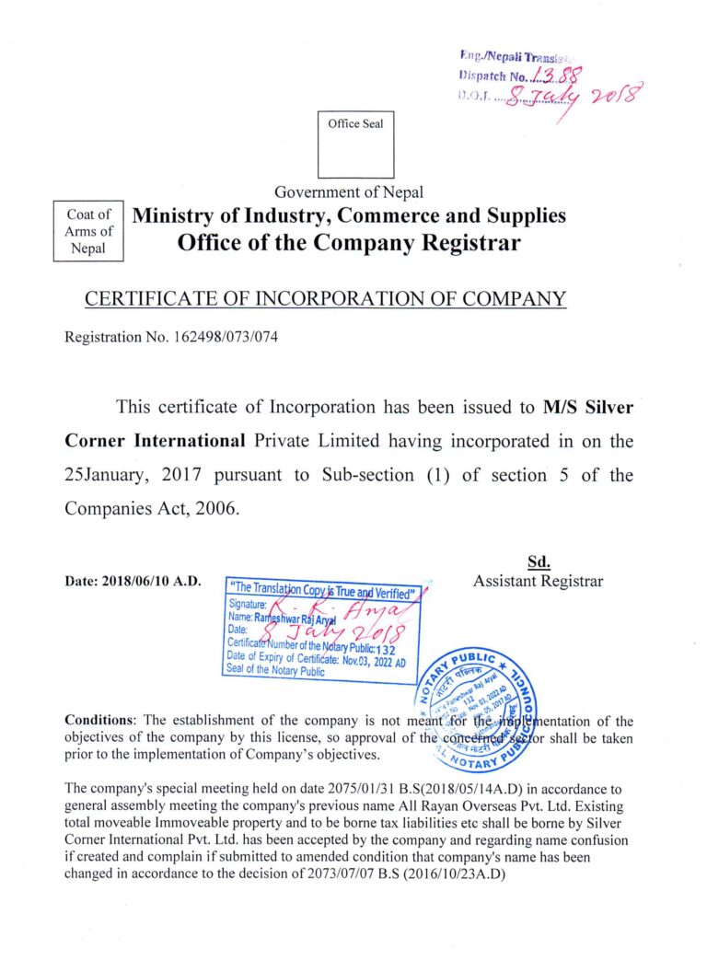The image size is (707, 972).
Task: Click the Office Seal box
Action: tap(355, 145)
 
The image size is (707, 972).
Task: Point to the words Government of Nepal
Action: tap(349, 192)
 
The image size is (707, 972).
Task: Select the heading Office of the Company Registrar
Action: tap(349, 243)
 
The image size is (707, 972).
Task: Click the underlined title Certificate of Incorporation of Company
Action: tap(325, 299)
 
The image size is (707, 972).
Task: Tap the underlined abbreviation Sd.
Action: tap(539, 562)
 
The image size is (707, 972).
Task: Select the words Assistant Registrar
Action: tap(539, 581)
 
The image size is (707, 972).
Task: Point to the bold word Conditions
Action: tap(100, 720)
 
